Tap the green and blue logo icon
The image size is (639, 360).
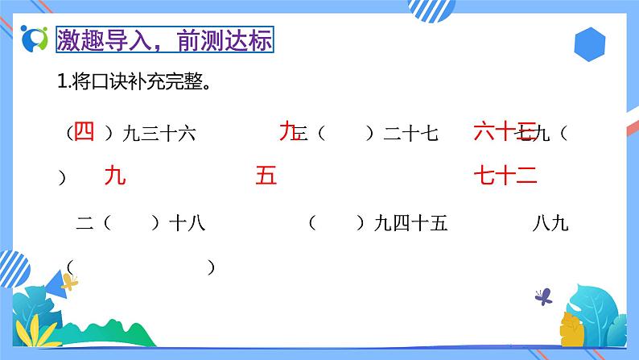35,39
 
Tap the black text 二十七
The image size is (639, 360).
410,134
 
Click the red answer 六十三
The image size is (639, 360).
504,131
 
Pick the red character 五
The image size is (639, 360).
266,176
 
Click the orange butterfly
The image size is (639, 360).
71,283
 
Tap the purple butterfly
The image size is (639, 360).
543,296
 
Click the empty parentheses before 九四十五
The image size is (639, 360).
337,224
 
